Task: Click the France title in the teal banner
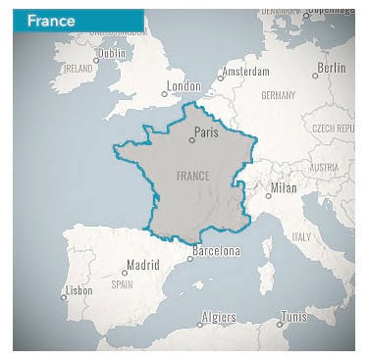51,21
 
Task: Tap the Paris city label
206,132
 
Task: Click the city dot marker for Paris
191,140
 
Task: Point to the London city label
184,86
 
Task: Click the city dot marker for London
164,94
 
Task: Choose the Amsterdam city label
244,72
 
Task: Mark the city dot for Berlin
315,76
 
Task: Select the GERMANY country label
279,95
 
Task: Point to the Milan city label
283,187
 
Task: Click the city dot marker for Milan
268,195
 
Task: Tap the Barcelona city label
216,251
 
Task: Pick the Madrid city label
142,264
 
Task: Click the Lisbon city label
79,290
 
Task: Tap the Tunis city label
293,317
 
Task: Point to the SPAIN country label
122,284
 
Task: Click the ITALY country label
300,236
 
